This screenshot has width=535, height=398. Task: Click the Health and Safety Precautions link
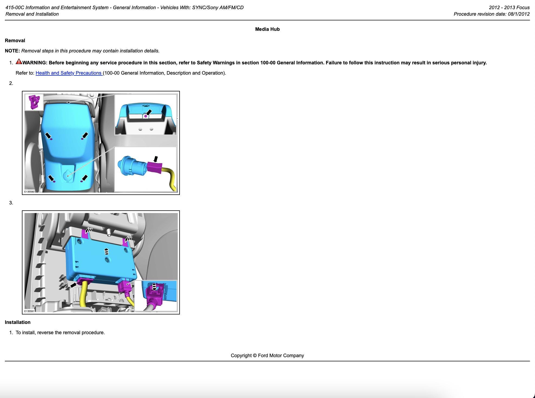click(x=69, y=73)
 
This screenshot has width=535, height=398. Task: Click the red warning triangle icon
click(x=19, y=62)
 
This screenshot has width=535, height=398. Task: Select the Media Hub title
click(x=267, y=29)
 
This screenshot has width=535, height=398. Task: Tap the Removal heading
click(x=15, y=41)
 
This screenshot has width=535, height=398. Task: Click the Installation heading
click(x=18, y=322)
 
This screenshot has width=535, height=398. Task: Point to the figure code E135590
click(x=29, y=192)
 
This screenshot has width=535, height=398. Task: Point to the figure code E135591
click(x=29, y=311)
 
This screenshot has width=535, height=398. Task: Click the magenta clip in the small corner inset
click(x=34, y=102)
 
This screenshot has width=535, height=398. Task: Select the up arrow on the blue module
click(x=107, y=251)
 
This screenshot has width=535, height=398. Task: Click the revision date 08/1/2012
click(x=519, y=14)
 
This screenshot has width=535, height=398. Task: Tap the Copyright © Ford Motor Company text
click(x=267, y=356)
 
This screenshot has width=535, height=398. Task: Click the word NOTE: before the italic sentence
click(x=12, y=51)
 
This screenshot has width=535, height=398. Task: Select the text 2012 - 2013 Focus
click(x=509, y=8)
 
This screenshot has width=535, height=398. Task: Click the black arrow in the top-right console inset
click(x=148, y=112)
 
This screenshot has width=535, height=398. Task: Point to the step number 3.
click(x=11, y=203)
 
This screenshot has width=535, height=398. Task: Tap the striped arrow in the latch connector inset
click(x=154, y=287)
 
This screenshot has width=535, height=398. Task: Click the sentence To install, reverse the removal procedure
click(x=60, y=333)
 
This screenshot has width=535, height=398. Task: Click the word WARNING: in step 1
click(x=35, y=63)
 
